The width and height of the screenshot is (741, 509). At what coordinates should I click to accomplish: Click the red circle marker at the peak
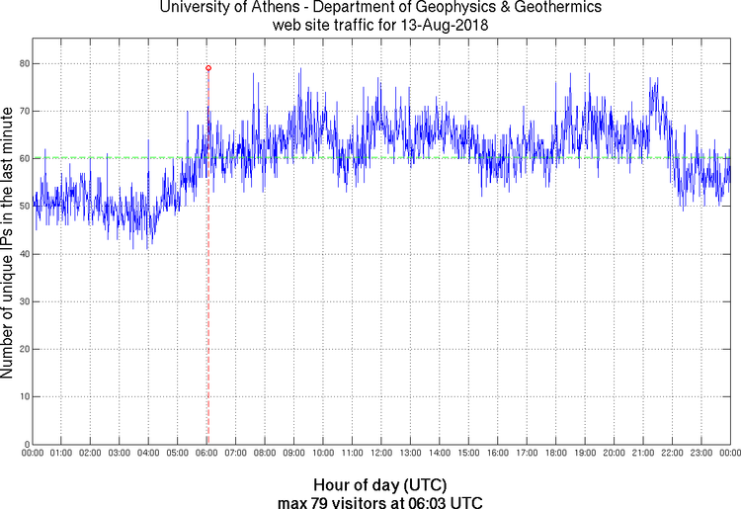[x=208, y=68]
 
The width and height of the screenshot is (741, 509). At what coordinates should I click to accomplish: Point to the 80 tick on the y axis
[x=23, y=63]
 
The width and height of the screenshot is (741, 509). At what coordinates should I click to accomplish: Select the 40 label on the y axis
[x=23, y=254]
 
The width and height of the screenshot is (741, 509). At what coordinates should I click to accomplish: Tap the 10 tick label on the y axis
[x=23, y=396]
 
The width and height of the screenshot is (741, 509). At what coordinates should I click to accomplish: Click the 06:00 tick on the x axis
[x=207, y=453]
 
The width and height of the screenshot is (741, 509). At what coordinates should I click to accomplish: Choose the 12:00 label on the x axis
[x=381, y=453]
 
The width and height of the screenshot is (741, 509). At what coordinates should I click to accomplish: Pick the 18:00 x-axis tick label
[x=556, y=453]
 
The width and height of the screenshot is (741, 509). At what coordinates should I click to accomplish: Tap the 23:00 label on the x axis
[x=701, y=453]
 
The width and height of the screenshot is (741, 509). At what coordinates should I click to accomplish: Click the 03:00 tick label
[x=120, y=453]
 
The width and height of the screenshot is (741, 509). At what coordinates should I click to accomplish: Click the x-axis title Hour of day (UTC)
[x=380, y=485]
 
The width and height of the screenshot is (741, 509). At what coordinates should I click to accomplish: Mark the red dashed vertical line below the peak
[x=207, y=297]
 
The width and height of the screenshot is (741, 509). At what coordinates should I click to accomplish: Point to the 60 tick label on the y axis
[x=23, y=158]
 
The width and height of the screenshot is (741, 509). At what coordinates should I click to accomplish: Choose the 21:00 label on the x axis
[x=643, y=453]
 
